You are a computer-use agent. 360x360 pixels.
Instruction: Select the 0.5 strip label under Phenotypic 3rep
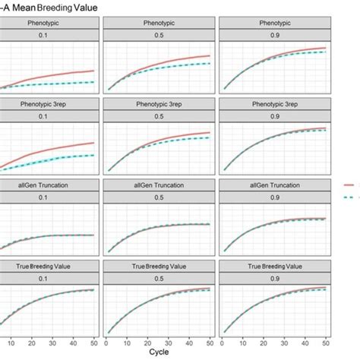pyautogui.click(x=162, y=118)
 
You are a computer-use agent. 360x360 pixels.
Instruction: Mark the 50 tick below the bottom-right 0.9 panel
pyautogui.click(x=326, y=343)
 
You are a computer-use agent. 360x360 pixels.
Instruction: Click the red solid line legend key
pyautogui.click(x=352, y=184)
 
